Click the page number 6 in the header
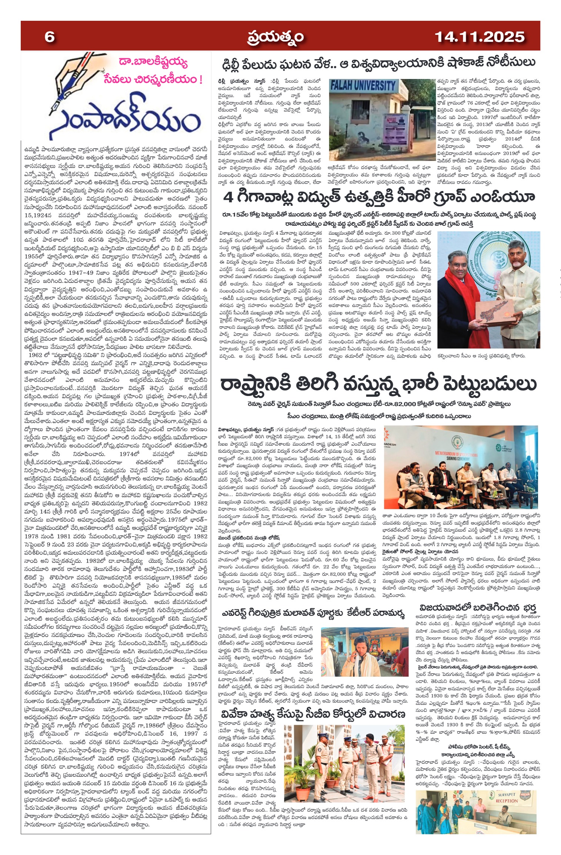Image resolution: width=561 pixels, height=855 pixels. [x=49, y=37]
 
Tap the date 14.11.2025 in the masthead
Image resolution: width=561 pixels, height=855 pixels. [x=479, y=37]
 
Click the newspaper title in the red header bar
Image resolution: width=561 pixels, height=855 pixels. [x=276, y=37]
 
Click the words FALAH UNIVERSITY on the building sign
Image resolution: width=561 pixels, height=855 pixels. [x=363, y=86]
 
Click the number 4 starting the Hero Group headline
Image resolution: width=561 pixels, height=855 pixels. [x=228, y=198]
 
